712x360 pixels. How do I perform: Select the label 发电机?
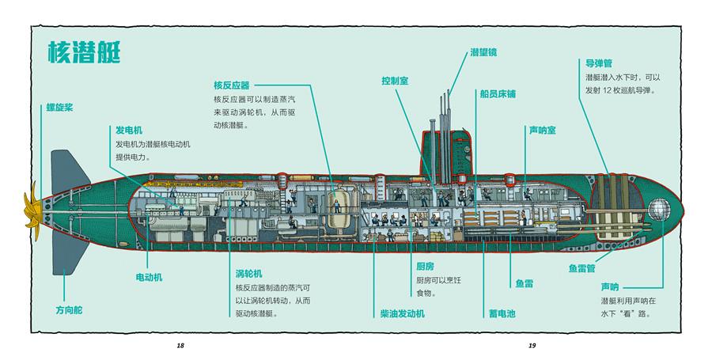click(x=129, y=130)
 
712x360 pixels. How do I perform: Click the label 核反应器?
click(x=231, y=85)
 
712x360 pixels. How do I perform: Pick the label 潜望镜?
click(x=483, y=53)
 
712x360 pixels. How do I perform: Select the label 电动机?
click(x=148, y=277)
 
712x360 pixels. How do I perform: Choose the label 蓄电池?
click(x=502, y=313)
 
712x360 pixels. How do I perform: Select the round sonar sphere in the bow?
click(x=659, y=210)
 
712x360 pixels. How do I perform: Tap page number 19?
click(x=532, y=346)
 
